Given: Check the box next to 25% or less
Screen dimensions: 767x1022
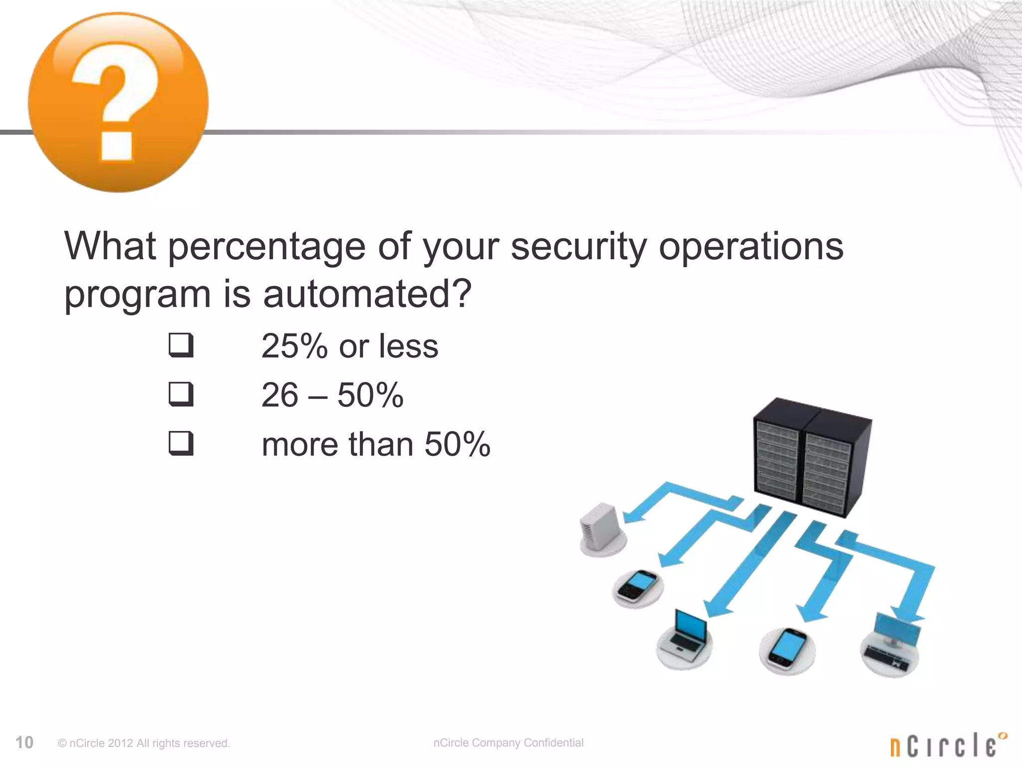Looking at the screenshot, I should point(181,345).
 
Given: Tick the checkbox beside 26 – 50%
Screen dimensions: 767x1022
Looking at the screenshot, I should point(181,394).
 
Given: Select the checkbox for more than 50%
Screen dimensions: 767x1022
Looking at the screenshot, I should point(181,443).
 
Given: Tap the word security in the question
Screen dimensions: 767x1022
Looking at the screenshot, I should point(578,248).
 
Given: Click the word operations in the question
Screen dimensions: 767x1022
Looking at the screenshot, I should point(751,248).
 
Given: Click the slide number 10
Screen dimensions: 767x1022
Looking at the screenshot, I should point(24,743).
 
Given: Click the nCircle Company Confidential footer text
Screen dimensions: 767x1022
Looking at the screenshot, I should point(508,743).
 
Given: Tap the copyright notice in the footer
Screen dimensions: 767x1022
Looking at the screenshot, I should point(144,744).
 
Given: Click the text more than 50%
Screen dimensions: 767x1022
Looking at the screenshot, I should point(376,444).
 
